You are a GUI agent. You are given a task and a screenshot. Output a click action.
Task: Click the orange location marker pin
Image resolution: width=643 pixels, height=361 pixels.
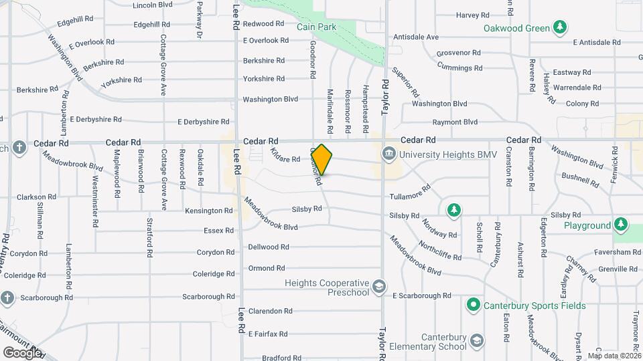coord(321,159)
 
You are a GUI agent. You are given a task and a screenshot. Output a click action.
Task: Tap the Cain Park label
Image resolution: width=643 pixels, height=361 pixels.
coord(317,27)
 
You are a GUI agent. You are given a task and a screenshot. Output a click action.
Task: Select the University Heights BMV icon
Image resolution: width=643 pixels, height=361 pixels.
coord(388,154)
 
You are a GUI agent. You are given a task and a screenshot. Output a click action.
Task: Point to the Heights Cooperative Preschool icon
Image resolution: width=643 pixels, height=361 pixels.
coord(379,287)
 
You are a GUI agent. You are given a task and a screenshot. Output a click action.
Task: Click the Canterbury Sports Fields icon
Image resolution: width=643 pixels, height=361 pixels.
coord(473,306)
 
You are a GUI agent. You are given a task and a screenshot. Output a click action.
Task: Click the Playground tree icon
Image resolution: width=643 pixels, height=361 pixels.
coord(622,225)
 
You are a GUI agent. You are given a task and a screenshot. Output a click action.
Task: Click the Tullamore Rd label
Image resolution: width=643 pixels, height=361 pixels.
coord(409,196)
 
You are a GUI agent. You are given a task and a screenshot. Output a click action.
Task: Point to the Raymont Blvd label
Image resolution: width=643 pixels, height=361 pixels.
coord(455,122)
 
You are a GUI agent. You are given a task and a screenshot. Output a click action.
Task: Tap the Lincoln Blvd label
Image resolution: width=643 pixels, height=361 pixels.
coord(153,5)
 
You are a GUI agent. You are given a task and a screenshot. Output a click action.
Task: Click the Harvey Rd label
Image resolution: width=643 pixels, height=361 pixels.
coord(468,15)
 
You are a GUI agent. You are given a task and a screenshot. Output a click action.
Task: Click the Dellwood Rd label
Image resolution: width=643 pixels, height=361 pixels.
coord(268,247)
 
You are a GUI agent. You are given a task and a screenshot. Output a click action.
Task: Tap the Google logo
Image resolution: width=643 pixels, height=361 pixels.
coord(21,352)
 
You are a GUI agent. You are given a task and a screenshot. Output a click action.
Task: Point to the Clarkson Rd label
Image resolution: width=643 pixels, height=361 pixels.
coord(31,197)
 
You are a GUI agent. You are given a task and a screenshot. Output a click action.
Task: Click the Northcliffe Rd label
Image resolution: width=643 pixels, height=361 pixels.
coord(439,251)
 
